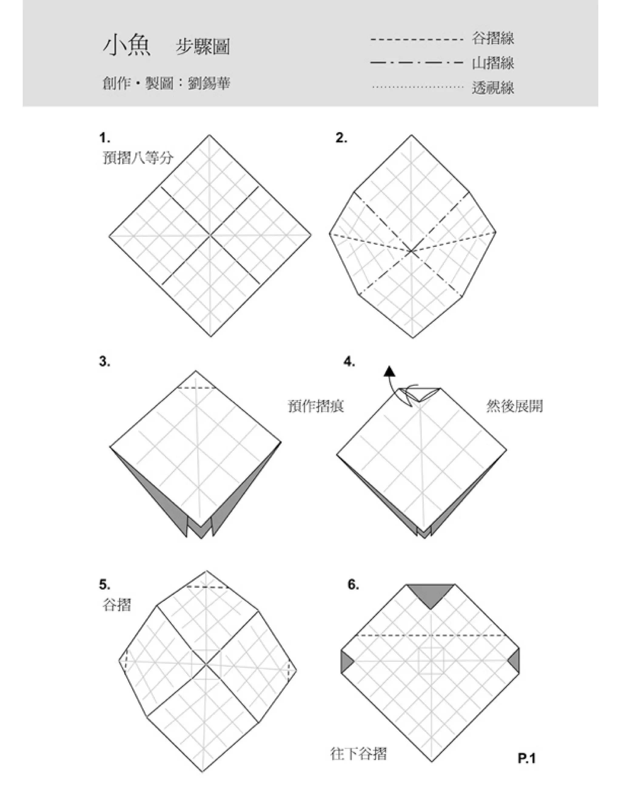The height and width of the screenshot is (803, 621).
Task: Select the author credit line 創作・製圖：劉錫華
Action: (x=166, y=83)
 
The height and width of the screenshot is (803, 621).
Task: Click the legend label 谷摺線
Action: (x=493, y=38)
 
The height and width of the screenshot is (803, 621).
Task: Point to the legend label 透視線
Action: (x=493, y=88)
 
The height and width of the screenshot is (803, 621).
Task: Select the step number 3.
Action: (x=105, y=362)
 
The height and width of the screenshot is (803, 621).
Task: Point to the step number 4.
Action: (x=350, y=362)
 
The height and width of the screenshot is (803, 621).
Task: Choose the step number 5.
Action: (x=105, y=584)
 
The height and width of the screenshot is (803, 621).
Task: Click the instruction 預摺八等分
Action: (x=138, y=158)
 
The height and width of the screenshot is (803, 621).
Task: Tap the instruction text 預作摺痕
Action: (x=316, y=406)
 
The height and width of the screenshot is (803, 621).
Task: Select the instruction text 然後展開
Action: (x=514, y=406)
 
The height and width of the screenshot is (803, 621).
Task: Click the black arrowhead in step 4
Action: (x=390, y=372)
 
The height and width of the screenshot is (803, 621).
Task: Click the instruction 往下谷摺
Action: (x=359, y=754)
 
